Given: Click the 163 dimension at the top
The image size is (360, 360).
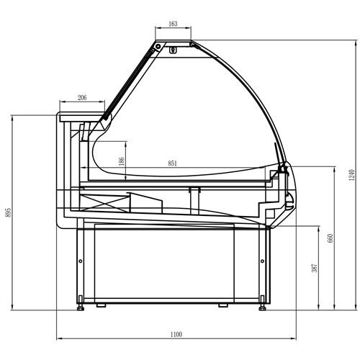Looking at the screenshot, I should coord(173,24).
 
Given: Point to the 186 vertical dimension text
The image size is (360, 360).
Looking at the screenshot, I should coord(122,163).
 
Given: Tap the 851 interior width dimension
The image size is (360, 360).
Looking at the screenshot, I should coord(173,163).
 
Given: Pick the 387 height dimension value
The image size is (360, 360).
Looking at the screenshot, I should coord(315,268).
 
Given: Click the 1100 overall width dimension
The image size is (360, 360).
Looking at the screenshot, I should coord(176,333).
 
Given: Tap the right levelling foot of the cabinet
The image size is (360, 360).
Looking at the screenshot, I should coord(263,306).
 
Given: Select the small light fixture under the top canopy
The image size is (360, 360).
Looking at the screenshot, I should coord(173,49).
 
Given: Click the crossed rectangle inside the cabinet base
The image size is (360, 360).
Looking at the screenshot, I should coord(106,202).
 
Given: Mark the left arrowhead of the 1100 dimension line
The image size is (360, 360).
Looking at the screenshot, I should coord(58,338).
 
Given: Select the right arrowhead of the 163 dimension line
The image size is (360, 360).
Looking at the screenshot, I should coord(191,30).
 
